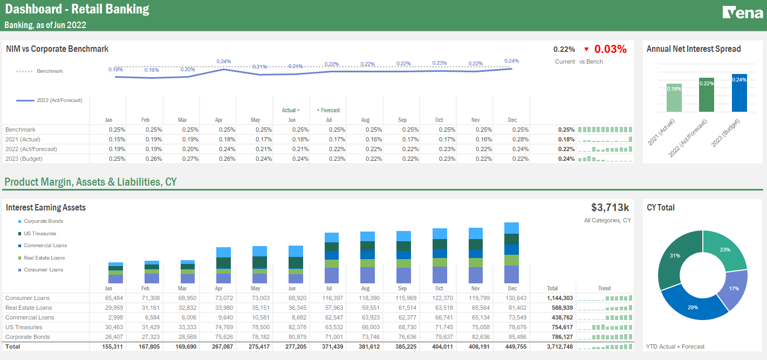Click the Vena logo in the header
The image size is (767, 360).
[x=742, y=12]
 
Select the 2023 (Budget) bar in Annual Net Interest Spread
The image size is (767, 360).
[x=739, y=93]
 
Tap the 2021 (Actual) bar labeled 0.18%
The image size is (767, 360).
[x=674, y=98]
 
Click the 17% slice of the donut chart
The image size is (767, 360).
[x=734, y=289]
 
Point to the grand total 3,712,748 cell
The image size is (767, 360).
[x=559, y=347]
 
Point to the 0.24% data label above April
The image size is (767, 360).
[x=223, y=62]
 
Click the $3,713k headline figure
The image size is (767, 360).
[x=610, y=208]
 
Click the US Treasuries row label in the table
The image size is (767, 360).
[x=24, y=327]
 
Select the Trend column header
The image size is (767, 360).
[x=604, y=288]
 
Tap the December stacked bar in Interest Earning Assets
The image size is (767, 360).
[x=511, y=253]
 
